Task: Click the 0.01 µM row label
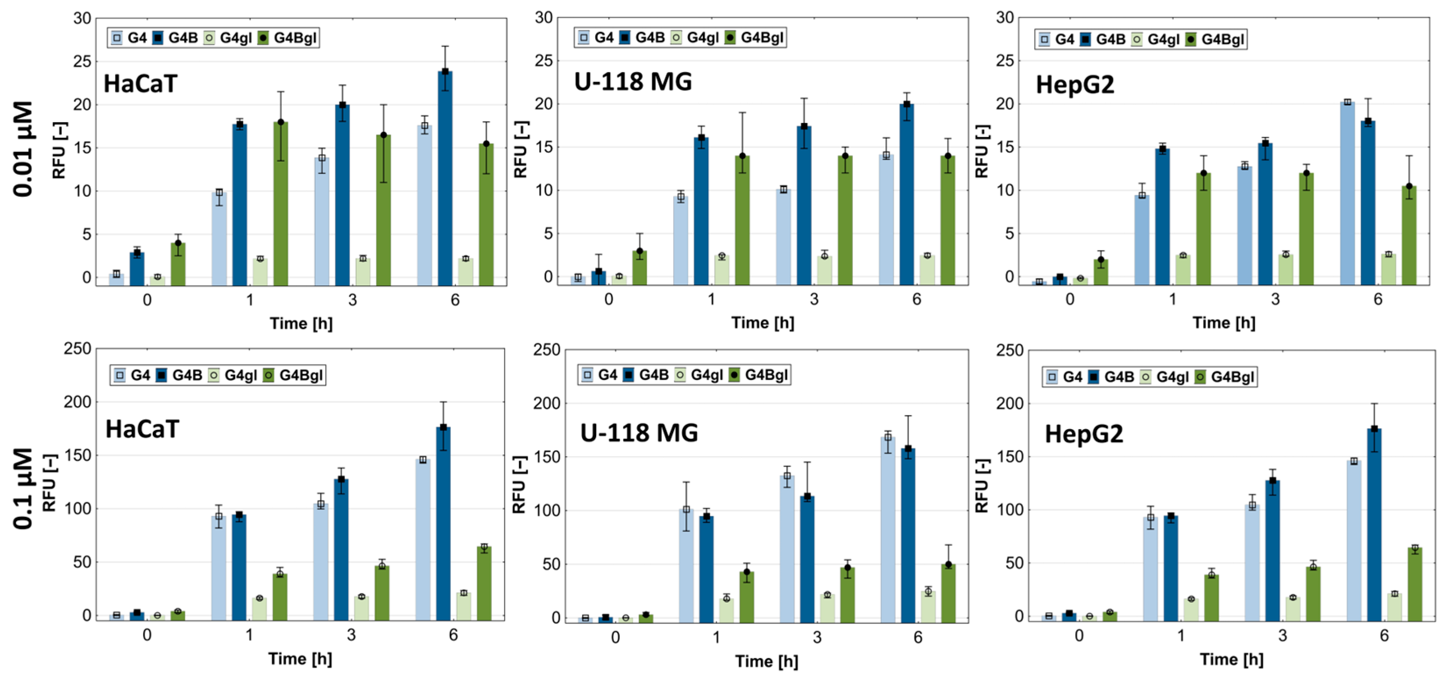[x=24, y=149]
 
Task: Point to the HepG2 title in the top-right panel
[x=1075, y=85]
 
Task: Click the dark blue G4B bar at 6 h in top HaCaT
[x=445, y=180]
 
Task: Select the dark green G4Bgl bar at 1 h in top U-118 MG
[x=742, y=222]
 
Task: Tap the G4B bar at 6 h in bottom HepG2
[x=1374, y=525]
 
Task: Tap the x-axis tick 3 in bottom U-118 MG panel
[x=817, y=637]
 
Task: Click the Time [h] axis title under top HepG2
[x=1224, y=323]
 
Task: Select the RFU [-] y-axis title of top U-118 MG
[x=520, y=149]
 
